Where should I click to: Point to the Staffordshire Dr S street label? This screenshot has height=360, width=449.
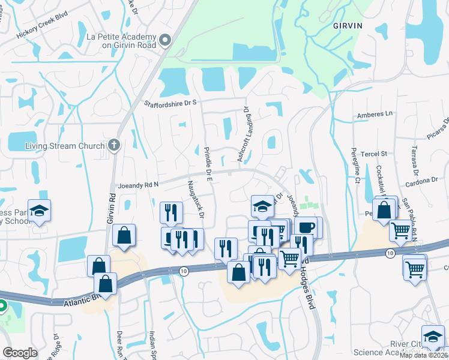tap(170, 103)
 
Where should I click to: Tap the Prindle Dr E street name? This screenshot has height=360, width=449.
tap(208, 163)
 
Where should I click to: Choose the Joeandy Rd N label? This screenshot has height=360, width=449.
tap(138, 186)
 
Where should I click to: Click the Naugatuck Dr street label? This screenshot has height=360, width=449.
tap(196, 199)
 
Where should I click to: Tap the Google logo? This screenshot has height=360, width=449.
tap(20, 353)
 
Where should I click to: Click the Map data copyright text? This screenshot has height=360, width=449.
tap(424, 355)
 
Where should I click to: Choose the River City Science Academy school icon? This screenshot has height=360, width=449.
tap(433, 336)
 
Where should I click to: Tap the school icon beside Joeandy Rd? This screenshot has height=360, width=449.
tap(262, 206)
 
